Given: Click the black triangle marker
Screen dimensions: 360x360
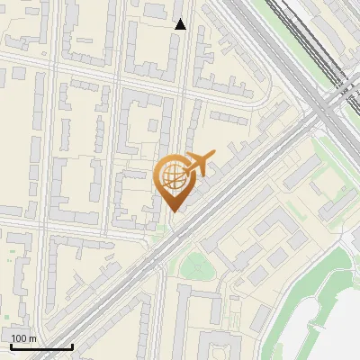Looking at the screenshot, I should pos(180,24).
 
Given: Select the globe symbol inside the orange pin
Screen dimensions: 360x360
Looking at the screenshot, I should pos(173,176).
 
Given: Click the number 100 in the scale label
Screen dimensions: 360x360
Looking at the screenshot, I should pos(20,338).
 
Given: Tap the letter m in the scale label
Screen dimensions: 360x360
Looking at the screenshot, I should pos(33,338).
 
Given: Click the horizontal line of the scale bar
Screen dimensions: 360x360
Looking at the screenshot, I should pos(41,346).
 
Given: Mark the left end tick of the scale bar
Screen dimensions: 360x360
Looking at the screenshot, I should pos(11,345).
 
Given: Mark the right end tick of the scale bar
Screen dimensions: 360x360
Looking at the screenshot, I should pos(72,345).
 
